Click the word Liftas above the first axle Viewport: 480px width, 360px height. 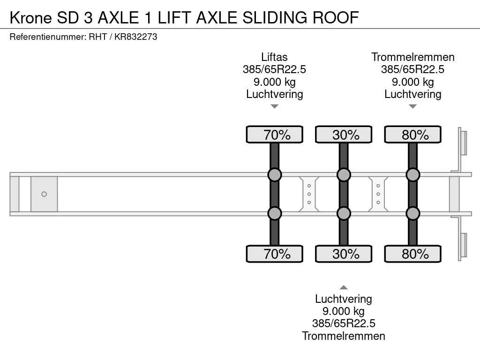(274, 57)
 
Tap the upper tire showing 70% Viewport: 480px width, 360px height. (274, 135)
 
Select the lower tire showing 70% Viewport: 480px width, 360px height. (274, 254)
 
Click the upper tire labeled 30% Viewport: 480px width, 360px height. (344, 135)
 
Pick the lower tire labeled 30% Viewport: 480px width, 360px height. (344, 254)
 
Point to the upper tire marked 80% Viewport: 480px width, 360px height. (413, 135)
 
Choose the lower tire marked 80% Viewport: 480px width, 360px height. (413, 254)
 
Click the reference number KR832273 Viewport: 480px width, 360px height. (135, 37)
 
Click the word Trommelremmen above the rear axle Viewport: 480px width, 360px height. (413, 57)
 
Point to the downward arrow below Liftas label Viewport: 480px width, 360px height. (275, 106)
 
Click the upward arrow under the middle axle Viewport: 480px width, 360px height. (344, 287)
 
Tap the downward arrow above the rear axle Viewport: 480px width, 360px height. (413, 106)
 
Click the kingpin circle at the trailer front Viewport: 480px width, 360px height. (44, 194)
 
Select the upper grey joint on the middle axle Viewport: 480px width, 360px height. (344, 175)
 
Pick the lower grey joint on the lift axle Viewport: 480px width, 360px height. (274, 213)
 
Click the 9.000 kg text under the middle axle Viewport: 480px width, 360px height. (344, 311)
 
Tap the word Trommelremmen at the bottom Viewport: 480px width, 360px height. (344, 336)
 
